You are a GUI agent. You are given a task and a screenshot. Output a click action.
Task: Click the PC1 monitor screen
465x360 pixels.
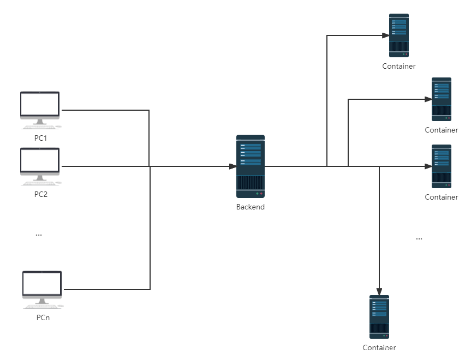[x=40, y=104]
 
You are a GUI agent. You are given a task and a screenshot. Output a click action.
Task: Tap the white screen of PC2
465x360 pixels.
[x=40, y=160]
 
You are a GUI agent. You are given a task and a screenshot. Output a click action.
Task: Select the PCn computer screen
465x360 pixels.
[x=42, y=284]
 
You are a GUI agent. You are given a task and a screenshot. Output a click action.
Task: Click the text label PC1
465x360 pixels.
[x=40, y=138]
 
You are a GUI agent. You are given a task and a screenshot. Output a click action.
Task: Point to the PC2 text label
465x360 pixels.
[x=40, y=194]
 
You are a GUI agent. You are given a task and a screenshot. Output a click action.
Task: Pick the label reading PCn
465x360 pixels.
[x=43, y=317]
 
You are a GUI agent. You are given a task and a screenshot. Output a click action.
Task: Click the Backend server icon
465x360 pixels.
[x=251, y=166]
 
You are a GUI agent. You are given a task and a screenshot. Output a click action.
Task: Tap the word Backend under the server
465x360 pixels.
[x=251, y=207]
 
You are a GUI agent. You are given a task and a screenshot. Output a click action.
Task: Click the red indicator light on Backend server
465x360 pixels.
[x=261, y=194]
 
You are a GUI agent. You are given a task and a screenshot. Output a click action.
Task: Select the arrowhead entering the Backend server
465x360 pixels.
[x=233, y=166]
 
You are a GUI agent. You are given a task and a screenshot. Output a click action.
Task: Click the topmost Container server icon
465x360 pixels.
[x=399, y=35]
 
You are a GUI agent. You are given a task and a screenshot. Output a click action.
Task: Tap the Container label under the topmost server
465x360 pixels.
[x=399, y=67]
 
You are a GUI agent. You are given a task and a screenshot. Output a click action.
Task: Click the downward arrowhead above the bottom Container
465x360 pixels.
[x=379, y=292]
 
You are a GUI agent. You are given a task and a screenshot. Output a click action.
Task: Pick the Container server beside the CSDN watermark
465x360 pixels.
[x=379, y=316]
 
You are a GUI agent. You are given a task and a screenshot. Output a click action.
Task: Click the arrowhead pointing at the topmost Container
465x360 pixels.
[x=386, y=35]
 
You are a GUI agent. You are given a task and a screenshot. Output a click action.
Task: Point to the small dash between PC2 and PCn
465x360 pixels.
[x=39, y=235]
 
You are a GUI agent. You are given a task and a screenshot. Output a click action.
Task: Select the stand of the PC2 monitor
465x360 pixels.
[x=40, y=177]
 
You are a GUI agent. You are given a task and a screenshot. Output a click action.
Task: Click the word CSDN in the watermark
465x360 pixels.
[x=391, y=349]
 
